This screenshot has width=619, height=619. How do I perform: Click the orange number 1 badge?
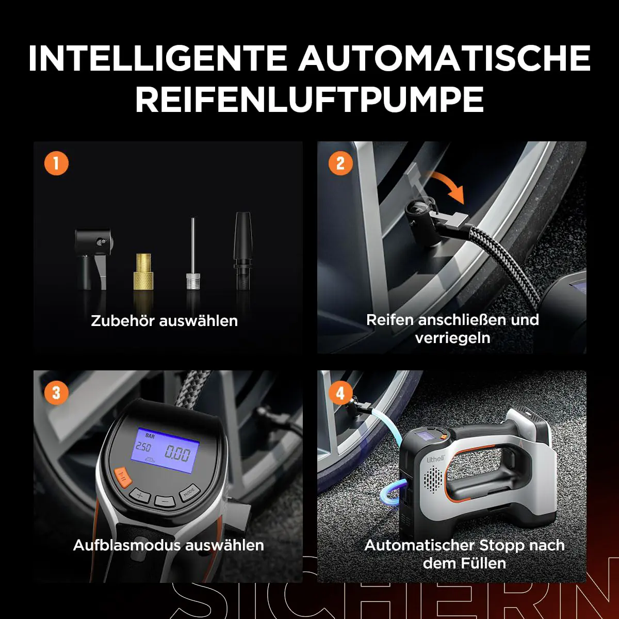coord(56,164)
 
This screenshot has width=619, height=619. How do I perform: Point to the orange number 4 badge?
coord(340,393)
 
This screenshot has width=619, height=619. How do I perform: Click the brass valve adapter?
coord(143,272)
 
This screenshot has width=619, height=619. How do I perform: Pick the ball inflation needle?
coord(193,254)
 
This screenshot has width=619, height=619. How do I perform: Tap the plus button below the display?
coord(139,496)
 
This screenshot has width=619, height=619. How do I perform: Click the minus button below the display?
coord(165,501)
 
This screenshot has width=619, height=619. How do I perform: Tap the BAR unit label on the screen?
coord(150,436)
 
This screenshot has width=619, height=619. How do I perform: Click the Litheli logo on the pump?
coord(435,459)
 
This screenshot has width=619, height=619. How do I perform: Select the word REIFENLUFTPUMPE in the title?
coord(309,99)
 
